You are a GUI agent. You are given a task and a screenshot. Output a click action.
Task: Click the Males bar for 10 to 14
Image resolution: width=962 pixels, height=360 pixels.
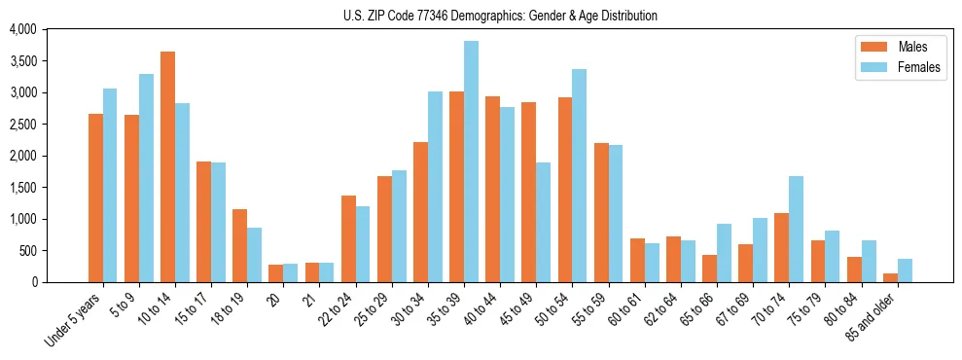167,166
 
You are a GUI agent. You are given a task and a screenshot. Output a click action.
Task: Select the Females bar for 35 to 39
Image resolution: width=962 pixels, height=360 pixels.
471,162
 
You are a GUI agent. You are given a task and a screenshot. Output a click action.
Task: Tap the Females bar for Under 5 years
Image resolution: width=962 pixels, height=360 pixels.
110,185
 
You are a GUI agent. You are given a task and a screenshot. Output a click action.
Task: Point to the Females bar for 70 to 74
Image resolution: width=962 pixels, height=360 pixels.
796,229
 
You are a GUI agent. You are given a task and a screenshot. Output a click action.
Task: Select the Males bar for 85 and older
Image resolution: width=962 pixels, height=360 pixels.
890,277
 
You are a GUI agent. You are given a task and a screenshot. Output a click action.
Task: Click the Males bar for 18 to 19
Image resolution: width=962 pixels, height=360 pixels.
239,245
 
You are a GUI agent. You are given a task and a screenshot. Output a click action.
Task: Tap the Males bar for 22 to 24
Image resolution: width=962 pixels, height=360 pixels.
348,238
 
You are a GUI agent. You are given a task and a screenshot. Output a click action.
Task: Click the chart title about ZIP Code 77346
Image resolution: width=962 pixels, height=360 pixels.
500,16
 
